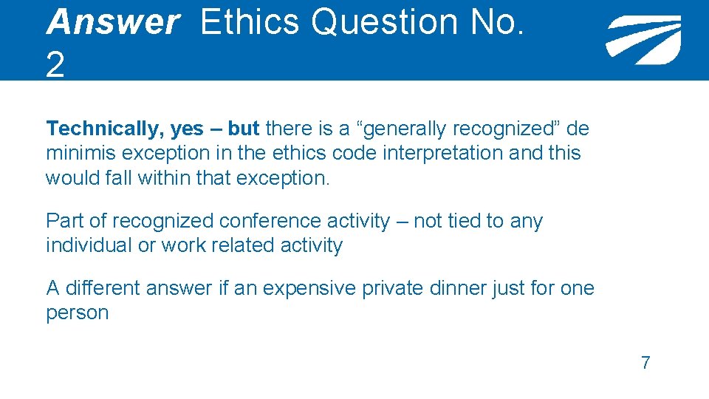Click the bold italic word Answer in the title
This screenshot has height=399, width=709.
click(112, 22)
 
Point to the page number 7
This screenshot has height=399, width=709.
click(645, 363)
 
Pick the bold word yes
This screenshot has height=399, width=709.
click(187, 129)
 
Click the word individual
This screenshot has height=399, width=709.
click(89, 245)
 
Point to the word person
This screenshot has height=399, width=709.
click(77, 313)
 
